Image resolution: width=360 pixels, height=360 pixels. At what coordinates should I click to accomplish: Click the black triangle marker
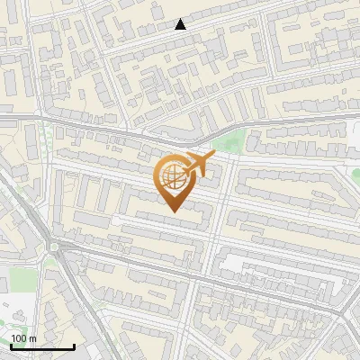tap(181, 24)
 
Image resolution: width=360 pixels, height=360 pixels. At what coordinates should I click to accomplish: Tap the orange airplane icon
tap(197, 165)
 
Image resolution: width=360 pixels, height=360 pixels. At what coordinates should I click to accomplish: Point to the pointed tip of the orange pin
tap(172, 211)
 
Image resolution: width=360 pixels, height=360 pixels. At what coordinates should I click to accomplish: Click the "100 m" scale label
tap(23, 338)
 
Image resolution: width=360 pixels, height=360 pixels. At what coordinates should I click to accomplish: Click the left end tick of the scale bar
tap(11, 345)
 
